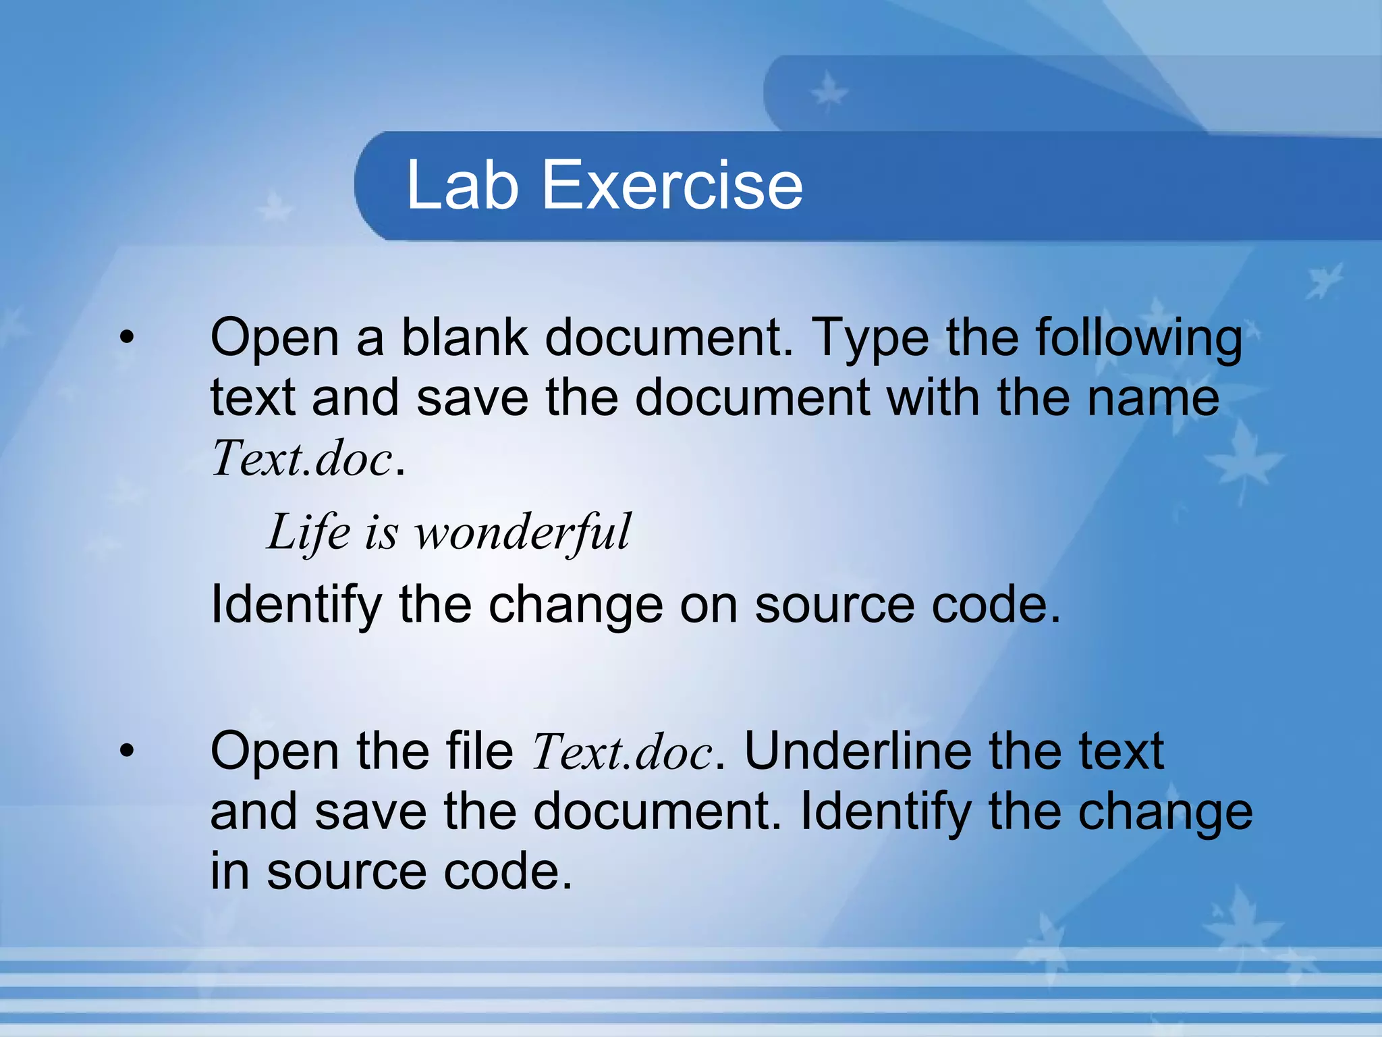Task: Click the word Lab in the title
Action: (x=462, y=185)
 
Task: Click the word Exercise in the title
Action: (x=672, y=185)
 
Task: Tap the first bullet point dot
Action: (x=127, y=338)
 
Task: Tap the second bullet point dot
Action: (x=127, y=751)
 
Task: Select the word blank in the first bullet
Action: (x=464, y=337)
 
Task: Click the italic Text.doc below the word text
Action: (x=302, y=458)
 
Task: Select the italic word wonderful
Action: (x=522, y=533)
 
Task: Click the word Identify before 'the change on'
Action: (x=296, y=606)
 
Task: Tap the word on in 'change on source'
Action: (x=709, y=606)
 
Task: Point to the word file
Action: (x=479, y=751)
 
